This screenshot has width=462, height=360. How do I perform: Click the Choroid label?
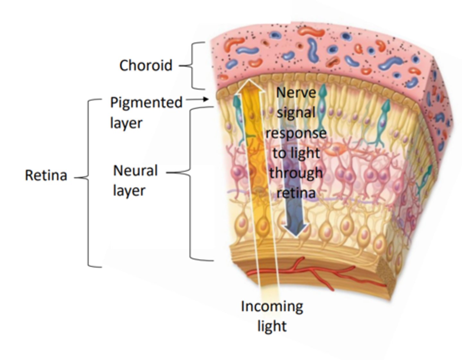click(146, 65)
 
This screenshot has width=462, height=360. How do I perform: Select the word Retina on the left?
click(46, 175)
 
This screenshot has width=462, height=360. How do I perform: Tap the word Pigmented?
click(146, 103)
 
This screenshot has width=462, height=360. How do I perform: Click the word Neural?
click(135, 171)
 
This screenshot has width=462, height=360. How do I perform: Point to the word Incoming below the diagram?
click(272, 306)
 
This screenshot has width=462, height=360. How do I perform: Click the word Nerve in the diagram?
click(296, 93)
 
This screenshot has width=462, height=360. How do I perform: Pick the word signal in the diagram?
click(296, 113)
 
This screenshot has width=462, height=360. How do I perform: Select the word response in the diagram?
click(296, 133)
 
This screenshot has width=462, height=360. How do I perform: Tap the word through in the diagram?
click(296, 173)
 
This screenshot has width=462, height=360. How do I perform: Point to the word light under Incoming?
click(272, 326)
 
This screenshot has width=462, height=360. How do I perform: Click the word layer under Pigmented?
click(126, 123)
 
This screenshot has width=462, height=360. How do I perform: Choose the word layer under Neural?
click(129, 191)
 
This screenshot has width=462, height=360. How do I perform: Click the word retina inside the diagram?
click(296, 193)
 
